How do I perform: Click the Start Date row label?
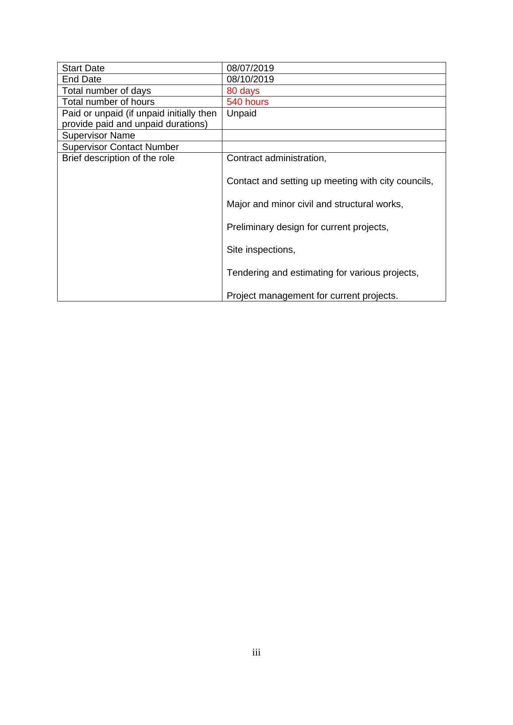[x=83, y=68]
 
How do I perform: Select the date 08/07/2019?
[x=250, y=68]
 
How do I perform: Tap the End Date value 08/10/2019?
[x=250, y=79]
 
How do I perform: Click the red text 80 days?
[x=243, y=91]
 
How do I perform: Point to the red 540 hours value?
[x=247, y=102]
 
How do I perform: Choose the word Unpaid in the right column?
[x=241, y=113]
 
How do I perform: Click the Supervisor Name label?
[x=98, y=135]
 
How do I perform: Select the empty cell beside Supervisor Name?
[x=334, y=135]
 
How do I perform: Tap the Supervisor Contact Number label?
[x=120, y=147]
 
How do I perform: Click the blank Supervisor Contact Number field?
[x=334, y=147]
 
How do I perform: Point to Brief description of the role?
[x=118, y=158]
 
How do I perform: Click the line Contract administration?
[x=276, y=158]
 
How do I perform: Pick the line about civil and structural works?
[x=315, y=204]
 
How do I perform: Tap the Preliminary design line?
[x=307, y=227]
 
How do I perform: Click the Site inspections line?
[x=260, y=250]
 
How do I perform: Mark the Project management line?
[x=312, y=296]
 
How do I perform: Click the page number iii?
[x=256, y=652]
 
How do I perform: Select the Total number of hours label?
[x=108, y=102]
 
